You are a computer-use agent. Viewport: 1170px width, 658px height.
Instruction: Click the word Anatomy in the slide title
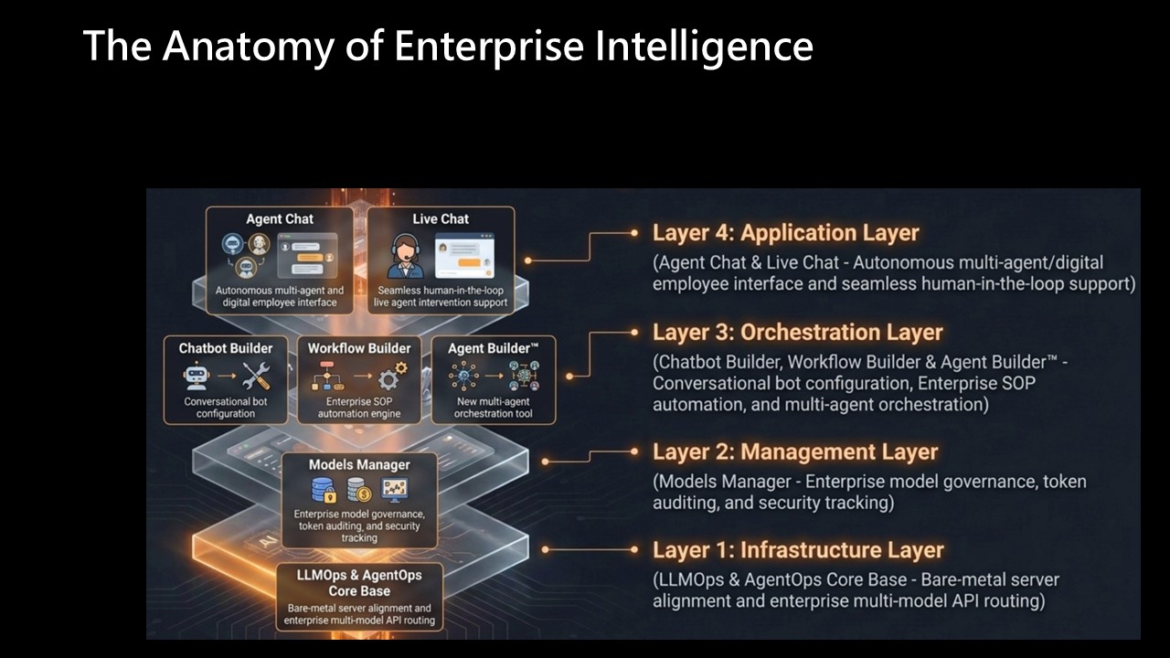point(248,47)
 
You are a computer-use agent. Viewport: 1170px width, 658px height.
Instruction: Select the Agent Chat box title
point(280,218)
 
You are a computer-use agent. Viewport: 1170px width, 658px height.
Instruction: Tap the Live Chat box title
point(441,218)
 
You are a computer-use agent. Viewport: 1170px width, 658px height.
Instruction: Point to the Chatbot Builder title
point(226,348)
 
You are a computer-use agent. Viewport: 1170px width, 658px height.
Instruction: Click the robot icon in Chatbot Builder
point(197,376)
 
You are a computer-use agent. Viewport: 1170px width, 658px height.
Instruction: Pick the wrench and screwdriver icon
point(257,376)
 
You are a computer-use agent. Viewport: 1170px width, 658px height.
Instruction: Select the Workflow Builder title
point(359,348)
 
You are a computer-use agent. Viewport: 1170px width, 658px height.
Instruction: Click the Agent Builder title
point(493,348)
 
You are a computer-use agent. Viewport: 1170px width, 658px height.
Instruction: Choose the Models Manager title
point(359,465)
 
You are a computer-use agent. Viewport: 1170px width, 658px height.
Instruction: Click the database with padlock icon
point(324,491)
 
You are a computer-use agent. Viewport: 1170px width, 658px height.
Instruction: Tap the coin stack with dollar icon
point(359,491)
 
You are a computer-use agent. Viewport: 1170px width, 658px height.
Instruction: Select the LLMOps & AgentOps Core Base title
point(359,583)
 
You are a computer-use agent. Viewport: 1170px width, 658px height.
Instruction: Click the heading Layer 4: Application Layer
point(785,233)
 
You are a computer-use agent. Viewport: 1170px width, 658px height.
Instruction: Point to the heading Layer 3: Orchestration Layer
point(798,333)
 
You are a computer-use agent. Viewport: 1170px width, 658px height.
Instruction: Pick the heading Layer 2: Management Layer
point(795,452)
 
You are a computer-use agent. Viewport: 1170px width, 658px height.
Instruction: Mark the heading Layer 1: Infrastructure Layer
point(798,550)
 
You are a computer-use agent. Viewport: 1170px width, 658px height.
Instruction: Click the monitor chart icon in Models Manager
point(395,490)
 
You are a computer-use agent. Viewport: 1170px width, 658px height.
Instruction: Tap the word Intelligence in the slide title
point(704,47)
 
